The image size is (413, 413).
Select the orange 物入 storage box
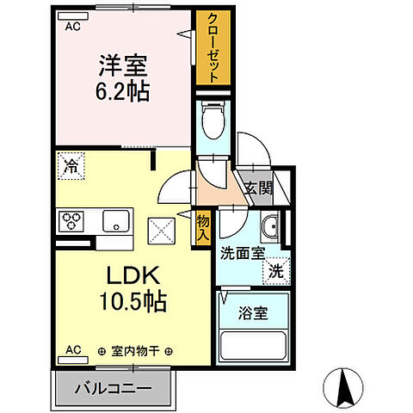pos(203,226)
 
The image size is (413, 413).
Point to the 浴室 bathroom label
pos(253,313)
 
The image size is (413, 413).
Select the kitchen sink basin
pos(114,221)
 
